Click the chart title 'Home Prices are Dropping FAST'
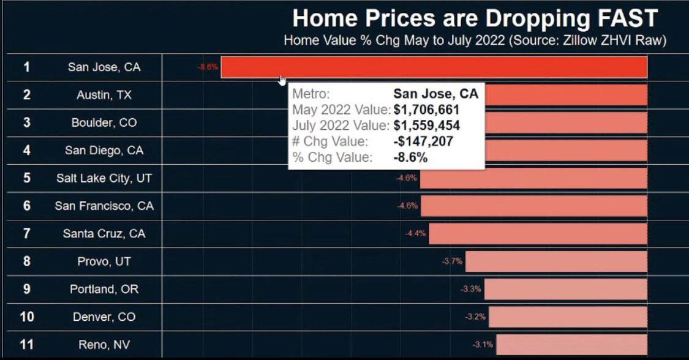click(475, 18)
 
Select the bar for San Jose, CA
click(434, 67)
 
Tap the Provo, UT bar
click(555, 261)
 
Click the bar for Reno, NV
click(571, 344)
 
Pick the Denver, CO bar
click(567, 317)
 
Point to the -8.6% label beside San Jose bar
click(208, 67)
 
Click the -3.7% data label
click(452, 261)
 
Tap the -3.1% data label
click(483, 344)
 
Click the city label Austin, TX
click(104, 95)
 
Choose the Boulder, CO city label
click(104, 122)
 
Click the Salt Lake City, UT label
click(104, 178)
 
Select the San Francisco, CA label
click(104, 206)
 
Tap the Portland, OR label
click(104, 289)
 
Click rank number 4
click(26, 150)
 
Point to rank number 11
click(26, 344)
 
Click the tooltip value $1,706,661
click(426, 110)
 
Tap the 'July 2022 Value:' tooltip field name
click(341, 126)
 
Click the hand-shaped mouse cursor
click(282, 81)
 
